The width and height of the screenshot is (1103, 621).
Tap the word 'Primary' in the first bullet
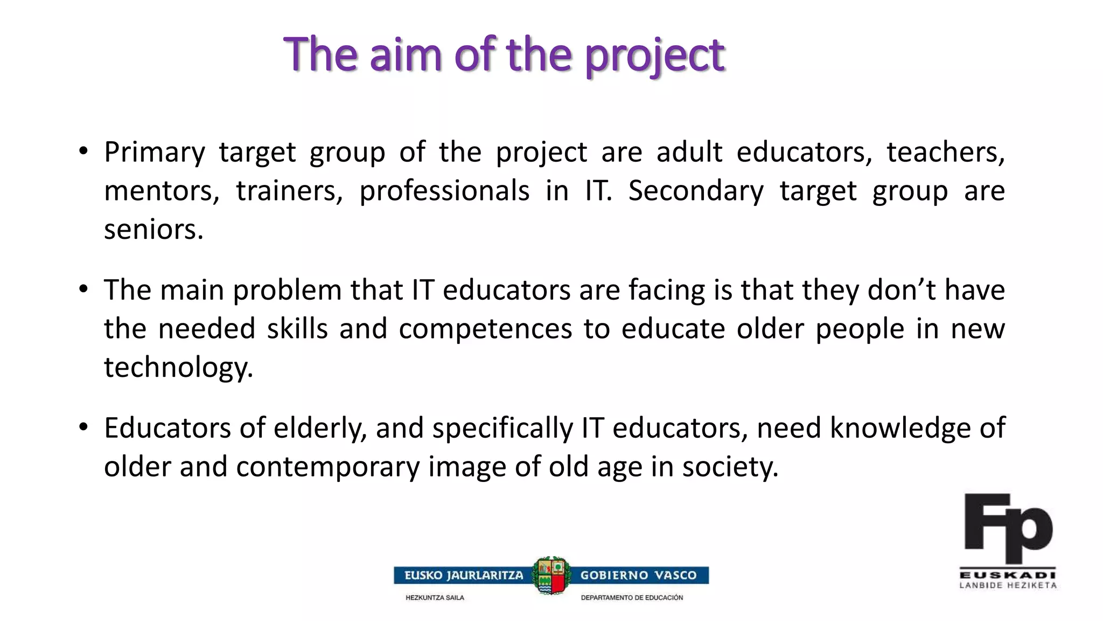155,153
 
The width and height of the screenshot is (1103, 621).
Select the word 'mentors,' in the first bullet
162,191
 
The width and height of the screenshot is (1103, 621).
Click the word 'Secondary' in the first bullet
696,191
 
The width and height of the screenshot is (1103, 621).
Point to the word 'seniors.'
153,230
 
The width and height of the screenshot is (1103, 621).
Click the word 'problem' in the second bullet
291,291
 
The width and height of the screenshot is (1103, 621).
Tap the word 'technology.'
178,368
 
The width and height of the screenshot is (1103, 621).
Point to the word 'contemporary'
327,467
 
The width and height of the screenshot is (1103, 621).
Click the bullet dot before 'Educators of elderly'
83,427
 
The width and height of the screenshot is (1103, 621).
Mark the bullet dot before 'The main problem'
83,289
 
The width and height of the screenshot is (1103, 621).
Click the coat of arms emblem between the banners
551,576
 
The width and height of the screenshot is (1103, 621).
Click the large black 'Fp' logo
1008,528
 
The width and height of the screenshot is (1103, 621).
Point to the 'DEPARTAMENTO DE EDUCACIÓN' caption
632,598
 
